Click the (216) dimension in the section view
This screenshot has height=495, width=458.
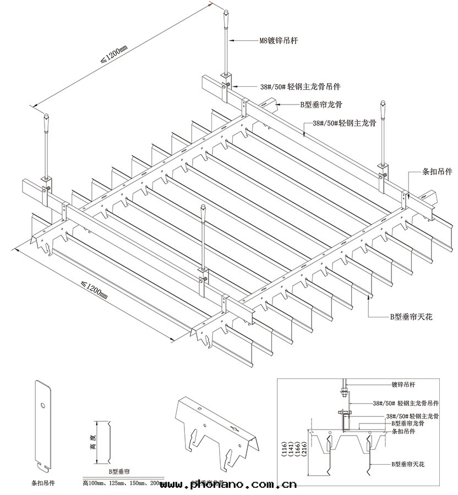coord(306,452)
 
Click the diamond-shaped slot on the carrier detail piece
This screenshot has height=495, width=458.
coord(236,427)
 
